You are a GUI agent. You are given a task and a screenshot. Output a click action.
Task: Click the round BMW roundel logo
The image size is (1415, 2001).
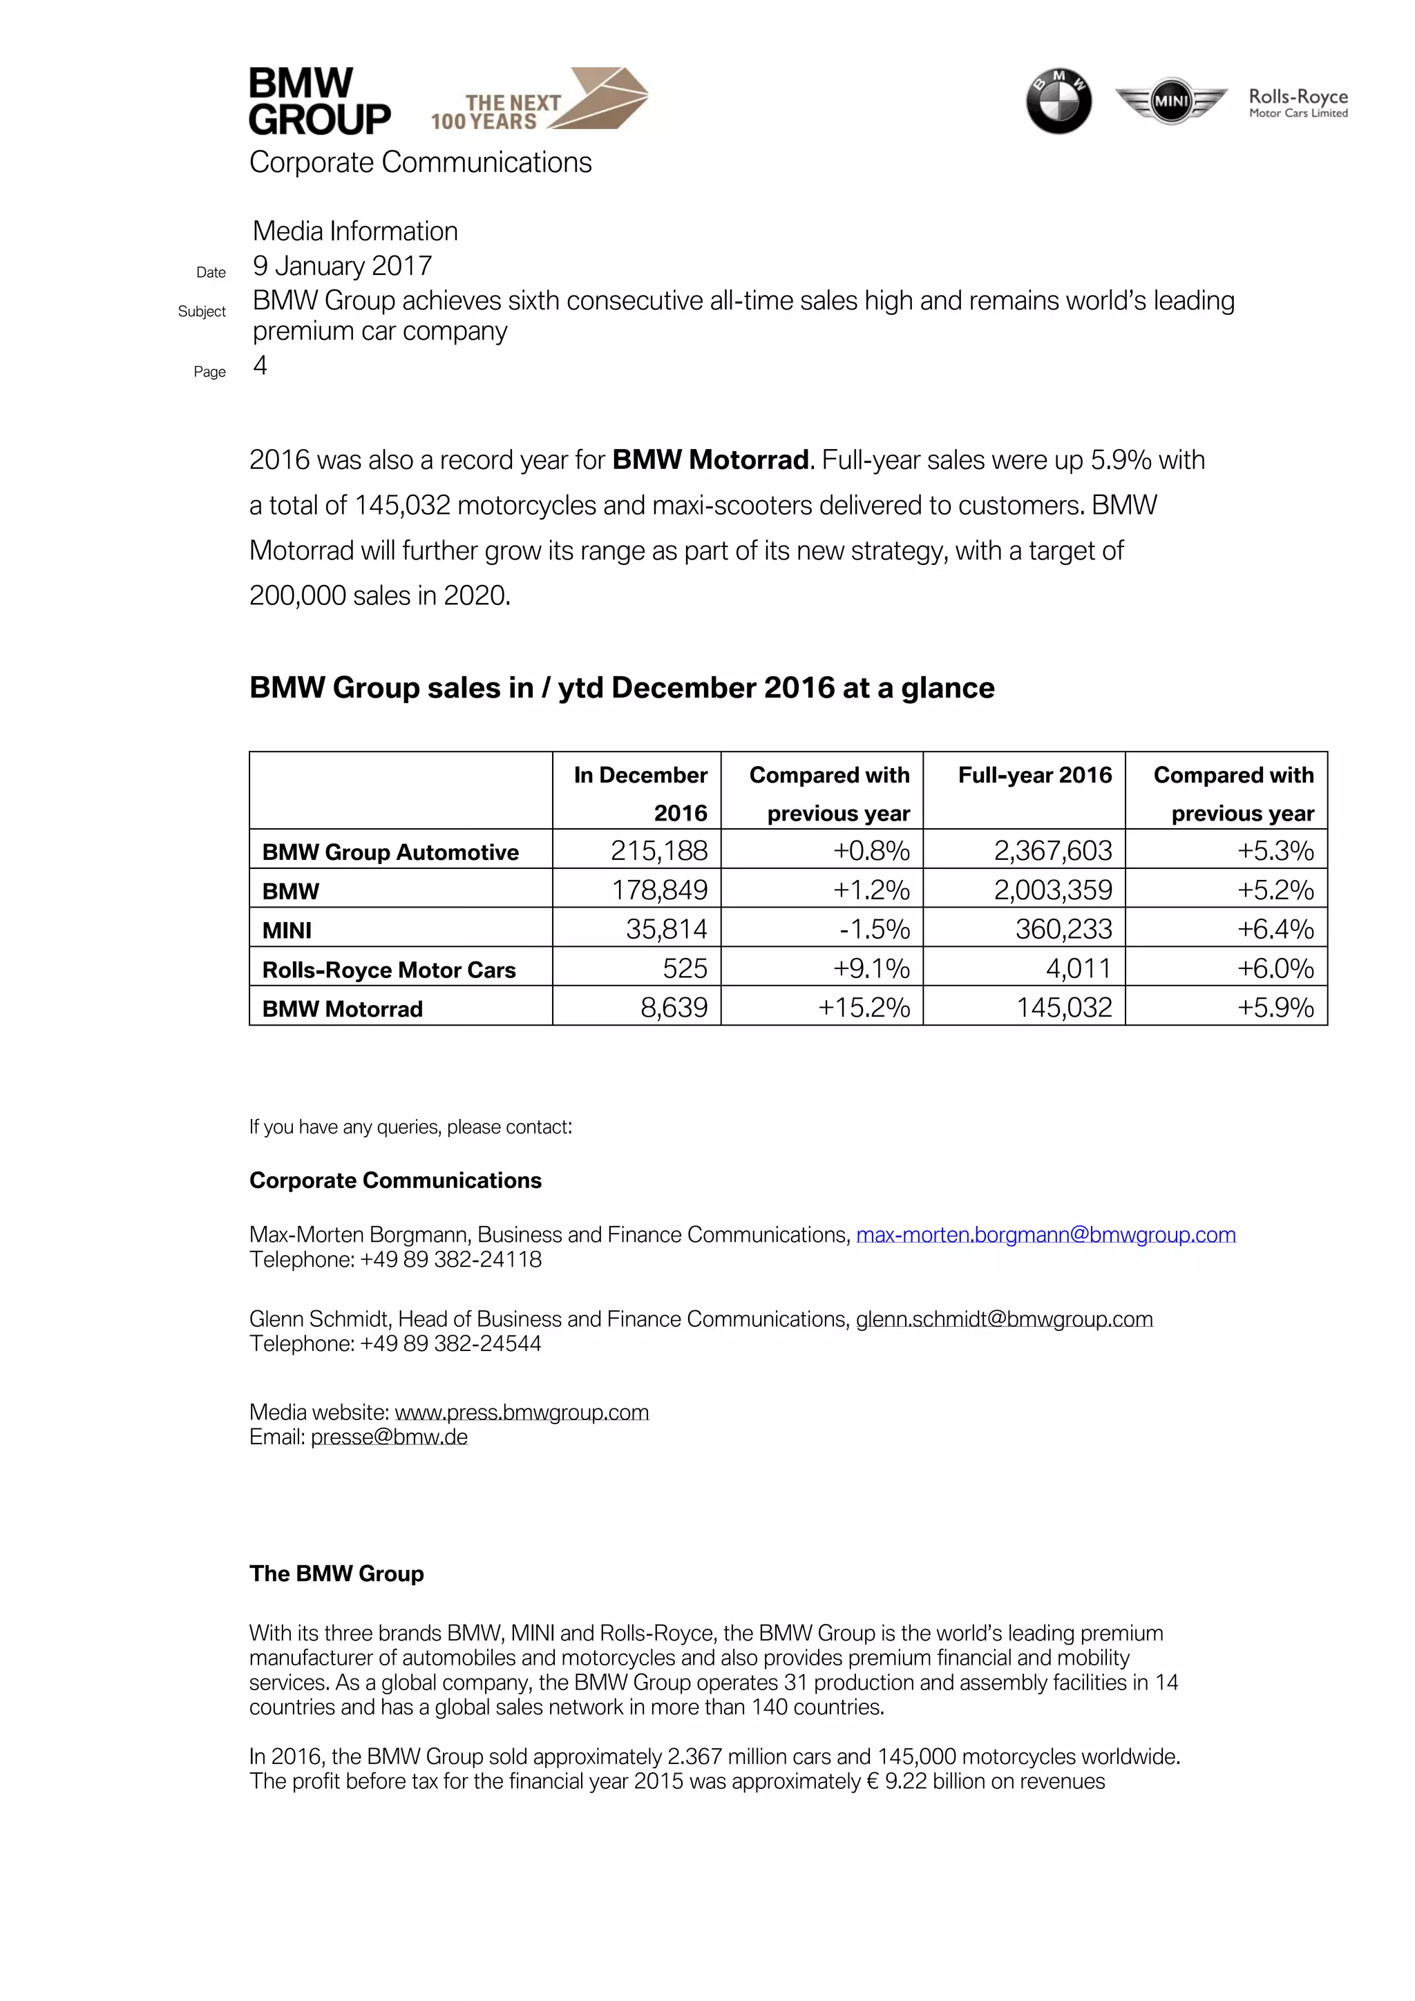pyautogui.click(x=1058, y=101)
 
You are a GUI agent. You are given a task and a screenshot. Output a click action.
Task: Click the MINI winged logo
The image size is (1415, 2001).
pyautogui.click(x=1171, y=101)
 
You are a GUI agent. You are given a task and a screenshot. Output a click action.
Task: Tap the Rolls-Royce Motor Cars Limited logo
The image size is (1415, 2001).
pyautogui.click(x=1298, y=102)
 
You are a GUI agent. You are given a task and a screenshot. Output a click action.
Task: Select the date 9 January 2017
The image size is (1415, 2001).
pyautogui.click(x=342, y=266)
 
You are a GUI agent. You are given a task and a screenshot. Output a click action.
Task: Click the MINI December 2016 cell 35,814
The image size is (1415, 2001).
pyautogui.click(x=666, y=929)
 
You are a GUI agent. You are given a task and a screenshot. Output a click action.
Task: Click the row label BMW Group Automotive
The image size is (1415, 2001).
pyautogui.click(x=390, y=852)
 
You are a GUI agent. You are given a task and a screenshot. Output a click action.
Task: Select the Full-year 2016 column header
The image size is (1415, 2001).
pyautogui.click(x=1034, y=775)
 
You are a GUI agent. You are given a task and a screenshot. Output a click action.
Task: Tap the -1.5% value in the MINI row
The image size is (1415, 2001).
pyautogui.click(x=875, y=929)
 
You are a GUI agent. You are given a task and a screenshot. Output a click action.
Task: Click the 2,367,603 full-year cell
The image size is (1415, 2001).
pyautogui.click(x=1052, y=850)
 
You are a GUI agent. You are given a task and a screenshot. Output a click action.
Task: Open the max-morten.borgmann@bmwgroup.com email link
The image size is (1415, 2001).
pyautogui.click(x=1045, y=1235)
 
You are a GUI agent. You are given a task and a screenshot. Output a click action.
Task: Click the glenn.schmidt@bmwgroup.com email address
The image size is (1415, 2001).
pyautogui.click(x=1003, y=1319)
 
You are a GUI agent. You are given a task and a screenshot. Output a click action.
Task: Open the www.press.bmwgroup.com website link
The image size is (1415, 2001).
pyautogui.click(x=522, y=1413)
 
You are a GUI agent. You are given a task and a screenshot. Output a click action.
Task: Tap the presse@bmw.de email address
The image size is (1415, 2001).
pyautogui.click(x=389, y=1437)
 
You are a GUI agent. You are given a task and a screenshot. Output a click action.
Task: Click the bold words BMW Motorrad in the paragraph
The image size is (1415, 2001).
pyautogui.click(x=710, y=460)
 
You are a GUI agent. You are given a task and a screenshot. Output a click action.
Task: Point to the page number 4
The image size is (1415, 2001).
pyautogui.click(x=260, y=366)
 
